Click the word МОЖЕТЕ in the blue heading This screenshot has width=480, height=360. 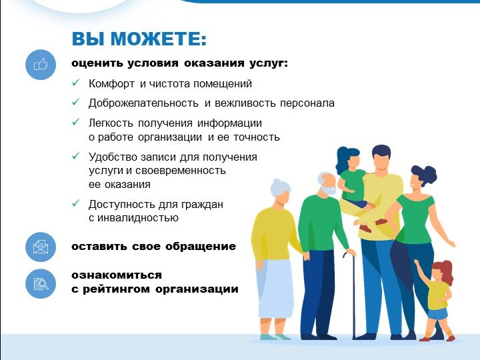click(158, 39)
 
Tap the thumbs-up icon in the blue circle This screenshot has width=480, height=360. click(41, 65)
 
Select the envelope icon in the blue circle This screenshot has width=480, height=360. click(41, 247)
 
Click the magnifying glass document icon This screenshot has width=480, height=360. click(41, 283)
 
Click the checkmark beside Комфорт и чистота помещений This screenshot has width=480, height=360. click(75, 83)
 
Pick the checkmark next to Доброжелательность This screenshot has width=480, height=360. click(75, 102)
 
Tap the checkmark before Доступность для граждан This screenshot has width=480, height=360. click(75, 203)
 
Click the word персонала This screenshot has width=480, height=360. click(307, 103)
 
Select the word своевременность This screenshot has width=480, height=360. click(180, 171)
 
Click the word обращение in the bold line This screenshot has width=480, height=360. click(201, 247)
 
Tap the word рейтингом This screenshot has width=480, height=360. click(116, 289)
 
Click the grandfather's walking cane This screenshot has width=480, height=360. click(352, 294)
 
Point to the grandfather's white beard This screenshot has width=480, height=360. click(330, 191)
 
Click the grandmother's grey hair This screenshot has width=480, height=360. click(279, 187)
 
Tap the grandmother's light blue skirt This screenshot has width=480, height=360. click(275, 289)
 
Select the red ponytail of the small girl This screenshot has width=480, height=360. click(447, 271)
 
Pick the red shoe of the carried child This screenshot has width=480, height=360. click(365, 228)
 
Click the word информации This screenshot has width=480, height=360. click(229, 123)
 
